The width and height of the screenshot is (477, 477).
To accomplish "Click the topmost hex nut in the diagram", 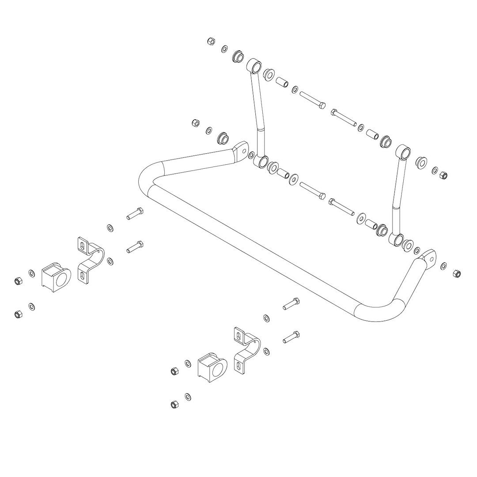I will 211,42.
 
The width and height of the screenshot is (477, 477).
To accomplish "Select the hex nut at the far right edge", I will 457,273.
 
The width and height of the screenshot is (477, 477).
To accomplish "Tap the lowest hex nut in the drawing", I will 174,404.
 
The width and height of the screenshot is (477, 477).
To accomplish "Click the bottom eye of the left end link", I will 262,161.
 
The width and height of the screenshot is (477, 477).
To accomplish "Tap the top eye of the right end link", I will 403,151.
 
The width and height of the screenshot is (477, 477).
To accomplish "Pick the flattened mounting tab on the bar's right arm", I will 428,257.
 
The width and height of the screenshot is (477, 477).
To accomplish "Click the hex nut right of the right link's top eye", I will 444,174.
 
